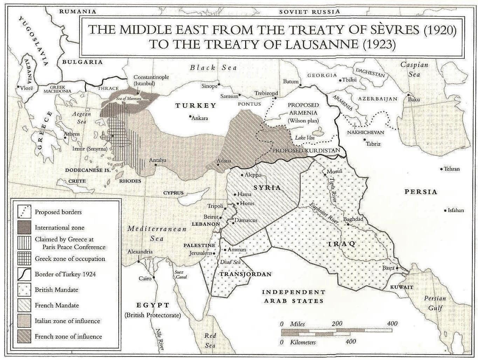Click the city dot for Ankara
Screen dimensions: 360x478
coord(190,117)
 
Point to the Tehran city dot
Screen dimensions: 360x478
coord(441,169)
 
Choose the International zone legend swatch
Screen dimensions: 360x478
coord(24,227)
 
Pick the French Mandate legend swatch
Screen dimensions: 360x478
coord(24,305)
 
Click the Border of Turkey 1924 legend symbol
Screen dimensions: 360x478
coord(24,274)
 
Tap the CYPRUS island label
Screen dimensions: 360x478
coord(173,193)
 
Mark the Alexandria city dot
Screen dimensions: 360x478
coord(139,261)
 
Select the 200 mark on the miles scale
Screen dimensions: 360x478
coord(337,324)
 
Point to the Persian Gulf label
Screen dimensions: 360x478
coord(435,303)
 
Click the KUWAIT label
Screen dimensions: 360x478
coord(402,287)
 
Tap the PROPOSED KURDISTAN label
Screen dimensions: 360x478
coord(306,150)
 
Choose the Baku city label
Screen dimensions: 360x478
coord(414,99)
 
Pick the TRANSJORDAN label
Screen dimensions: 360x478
coord(245,274)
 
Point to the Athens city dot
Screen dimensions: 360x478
coord(65,138)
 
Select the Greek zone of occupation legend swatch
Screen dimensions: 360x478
coord(24,259)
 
